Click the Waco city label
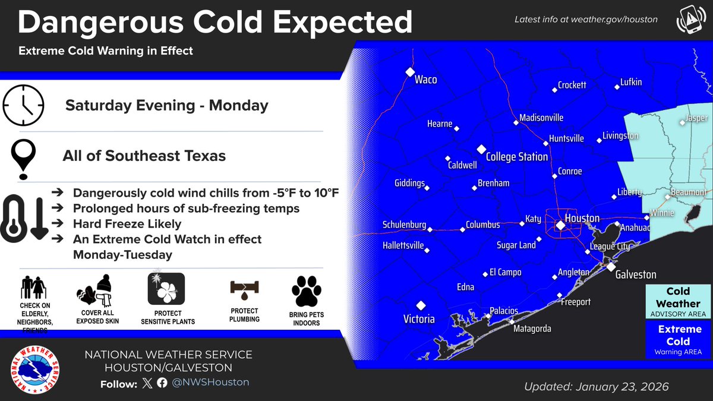point(425,80)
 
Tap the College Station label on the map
point(516,157)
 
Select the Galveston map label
point(635,274)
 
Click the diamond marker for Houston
point(559,225)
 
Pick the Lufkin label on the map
point(630,82)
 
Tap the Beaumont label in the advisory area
point(688,193)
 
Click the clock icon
point(23,105)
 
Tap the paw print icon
point(306,291)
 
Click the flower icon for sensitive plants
point(166,289)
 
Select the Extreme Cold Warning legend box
point(677,340)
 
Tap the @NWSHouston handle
point(210,383)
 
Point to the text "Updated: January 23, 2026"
point(596,387)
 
